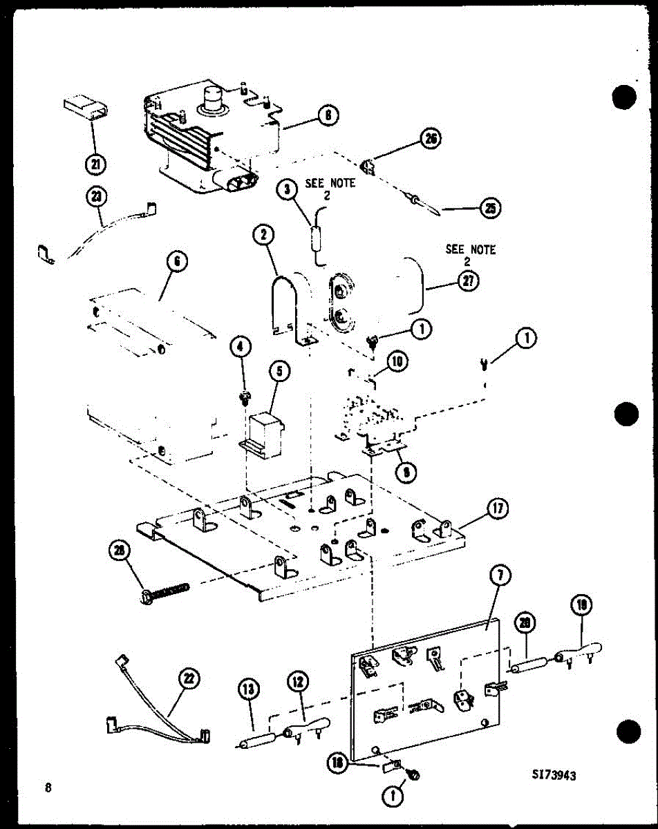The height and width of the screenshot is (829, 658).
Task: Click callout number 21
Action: coord(95,164)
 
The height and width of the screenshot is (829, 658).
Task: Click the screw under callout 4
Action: coord(244,397)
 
